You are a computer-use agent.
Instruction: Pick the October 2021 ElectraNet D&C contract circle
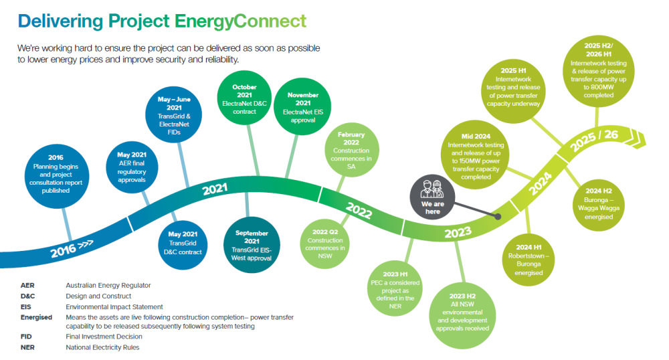click(x=244, y=100)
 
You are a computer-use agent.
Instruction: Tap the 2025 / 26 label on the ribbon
click(x=593, y=140)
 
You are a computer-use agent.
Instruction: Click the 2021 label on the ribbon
click(x=215, y=190)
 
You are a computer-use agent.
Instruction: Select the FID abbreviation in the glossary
click(x=26, y=337)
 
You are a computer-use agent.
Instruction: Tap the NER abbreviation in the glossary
click(x=27, y=347)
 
